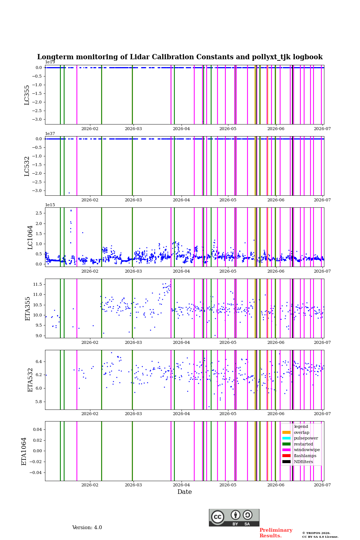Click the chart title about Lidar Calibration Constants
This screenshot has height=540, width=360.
click(180, 57)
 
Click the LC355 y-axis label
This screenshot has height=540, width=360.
click(27, 95)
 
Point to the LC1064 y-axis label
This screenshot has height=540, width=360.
click(30, 237)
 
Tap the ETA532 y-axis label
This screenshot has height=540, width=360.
click(30, 380)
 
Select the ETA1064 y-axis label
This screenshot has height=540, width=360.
click(24, 451)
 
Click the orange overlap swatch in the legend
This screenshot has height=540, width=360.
click(286, 432)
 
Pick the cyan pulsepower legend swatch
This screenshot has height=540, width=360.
click(286, 438)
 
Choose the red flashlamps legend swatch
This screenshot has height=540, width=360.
click(286, 456)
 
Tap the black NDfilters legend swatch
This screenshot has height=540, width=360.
click(286, 462)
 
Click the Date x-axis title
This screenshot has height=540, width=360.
click(184, 492)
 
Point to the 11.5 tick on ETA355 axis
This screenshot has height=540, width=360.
click(37, 284)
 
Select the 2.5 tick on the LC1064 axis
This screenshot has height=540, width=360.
click(39, 213)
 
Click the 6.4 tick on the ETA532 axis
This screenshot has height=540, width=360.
click(39, 361)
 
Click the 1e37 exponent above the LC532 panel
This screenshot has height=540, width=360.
click(50, 133)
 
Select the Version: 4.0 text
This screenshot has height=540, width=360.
click(87, 528)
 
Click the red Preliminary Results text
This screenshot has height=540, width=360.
click(276, 533)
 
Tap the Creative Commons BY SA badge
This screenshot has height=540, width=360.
click(234, 517)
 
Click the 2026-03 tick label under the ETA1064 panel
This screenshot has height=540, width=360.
click(133, 485)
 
